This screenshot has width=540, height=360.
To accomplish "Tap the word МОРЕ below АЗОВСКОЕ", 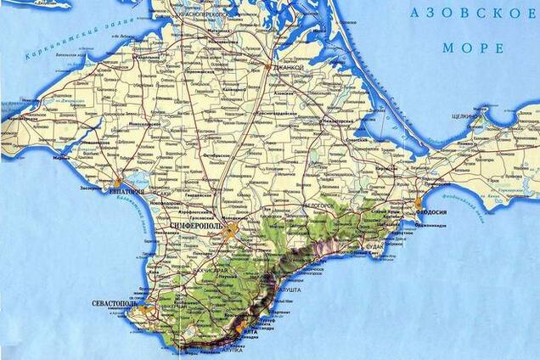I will click(471, 48).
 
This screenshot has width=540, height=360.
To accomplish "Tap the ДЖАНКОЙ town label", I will click(289, 67).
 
